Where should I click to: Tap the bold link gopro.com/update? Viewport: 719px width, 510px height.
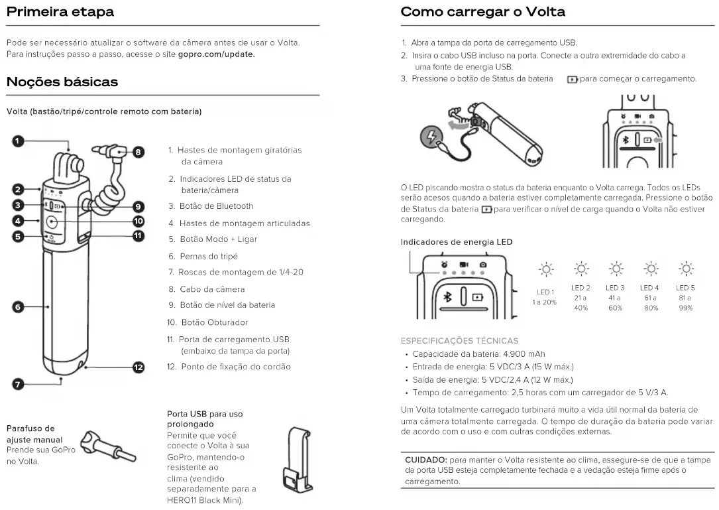[x=217, y=54]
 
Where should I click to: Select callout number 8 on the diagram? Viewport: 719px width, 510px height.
[x=138, y=152]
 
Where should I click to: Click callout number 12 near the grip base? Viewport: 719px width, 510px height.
[x=138, y=367]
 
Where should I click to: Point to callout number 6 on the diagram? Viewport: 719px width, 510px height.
[x=18, y=306]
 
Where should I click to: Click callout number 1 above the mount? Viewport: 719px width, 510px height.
[x=18, y=141]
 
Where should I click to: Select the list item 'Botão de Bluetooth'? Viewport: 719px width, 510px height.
[x=216, y=206]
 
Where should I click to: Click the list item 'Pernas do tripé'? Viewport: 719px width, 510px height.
[x=208, y=256]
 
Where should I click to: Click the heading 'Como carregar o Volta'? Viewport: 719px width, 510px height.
[x=483, y=12]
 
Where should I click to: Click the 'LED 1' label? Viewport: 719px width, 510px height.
[x=545, y=292]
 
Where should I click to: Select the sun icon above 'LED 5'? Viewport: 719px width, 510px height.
[x=685, y=269]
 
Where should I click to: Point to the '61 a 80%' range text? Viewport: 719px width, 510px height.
[x=649, y=303]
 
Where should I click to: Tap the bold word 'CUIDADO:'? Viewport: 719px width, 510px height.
[x=426, y=460]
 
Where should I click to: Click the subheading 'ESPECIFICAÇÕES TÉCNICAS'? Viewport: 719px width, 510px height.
[x=459, y=341]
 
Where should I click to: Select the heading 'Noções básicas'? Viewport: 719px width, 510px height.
[x=62, y=82]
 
